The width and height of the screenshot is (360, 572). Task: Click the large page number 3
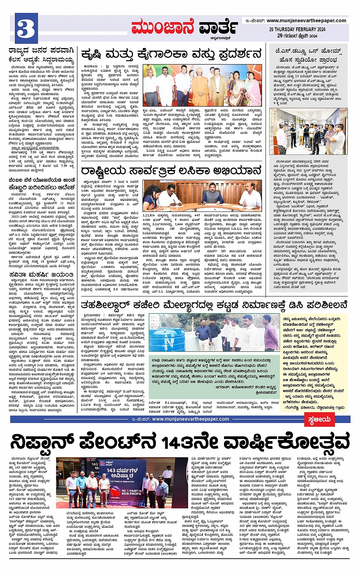coord(26,29)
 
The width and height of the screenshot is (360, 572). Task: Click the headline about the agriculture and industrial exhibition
coord(171,54)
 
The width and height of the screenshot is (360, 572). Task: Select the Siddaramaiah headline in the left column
coord(41,54)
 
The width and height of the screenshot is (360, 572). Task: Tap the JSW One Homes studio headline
coord(308,55)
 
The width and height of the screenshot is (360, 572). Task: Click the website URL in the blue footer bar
coord(190,419)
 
